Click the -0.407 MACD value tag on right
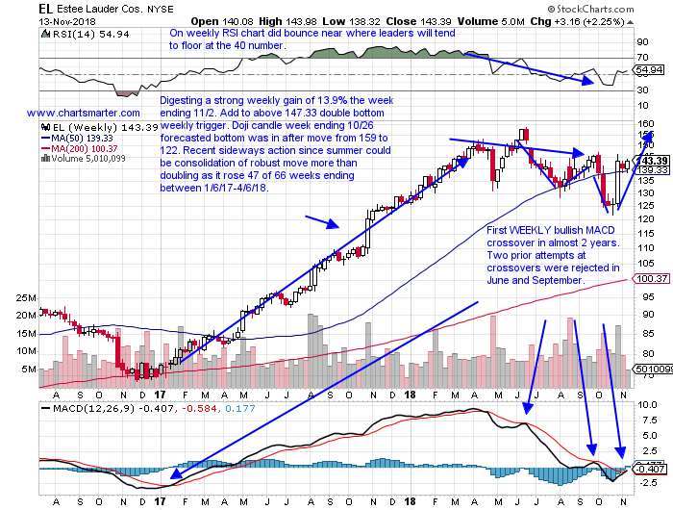click(646, 442)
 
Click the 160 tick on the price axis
click(639, 124)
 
